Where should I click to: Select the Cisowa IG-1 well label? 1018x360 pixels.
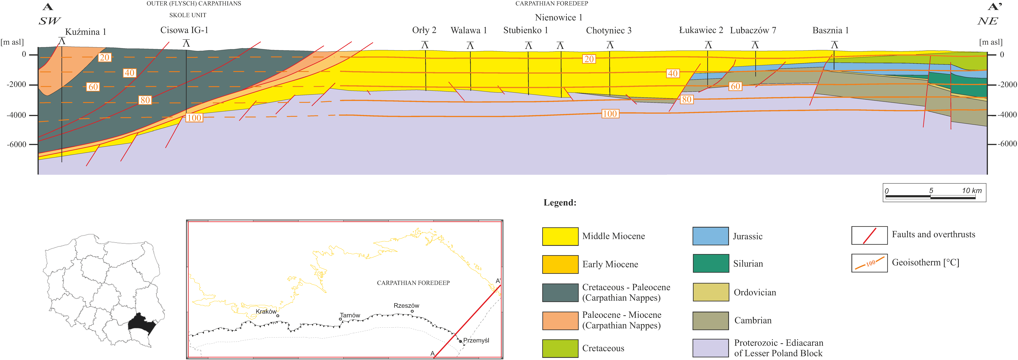coord(184,30)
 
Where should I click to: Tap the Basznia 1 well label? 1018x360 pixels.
coord(830,30)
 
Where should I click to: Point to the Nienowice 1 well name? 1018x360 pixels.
coord(558,17)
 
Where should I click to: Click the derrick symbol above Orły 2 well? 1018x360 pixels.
coord(425,45)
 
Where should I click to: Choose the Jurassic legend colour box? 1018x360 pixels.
coord(711,236)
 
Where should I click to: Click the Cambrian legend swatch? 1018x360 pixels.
coord(711,320)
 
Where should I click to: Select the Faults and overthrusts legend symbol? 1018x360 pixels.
coord(869,236)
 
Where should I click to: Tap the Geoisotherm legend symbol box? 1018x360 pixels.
coord(869,263)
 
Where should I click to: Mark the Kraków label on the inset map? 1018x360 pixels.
coord(266,311)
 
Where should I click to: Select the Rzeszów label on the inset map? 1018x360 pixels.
coord(406,305)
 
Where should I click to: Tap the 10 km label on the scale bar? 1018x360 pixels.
coord(972,191)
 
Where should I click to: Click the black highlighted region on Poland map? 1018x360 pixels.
coord(142,324)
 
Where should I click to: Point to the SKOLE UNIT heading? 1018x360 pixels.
coord(188,15)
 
